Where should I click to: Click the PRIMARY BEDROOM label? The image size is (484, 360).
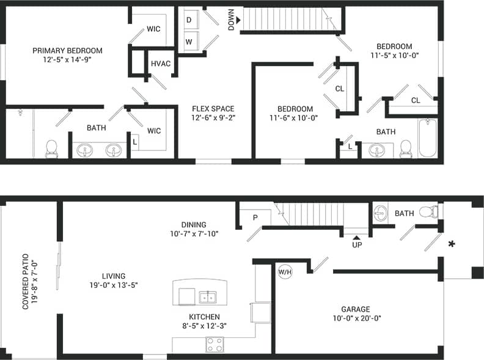coord(67,51)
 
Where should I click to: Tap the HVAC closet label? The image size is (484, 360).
coord(160,64)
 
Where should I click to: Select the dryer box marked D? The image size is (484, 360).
coord(189,20)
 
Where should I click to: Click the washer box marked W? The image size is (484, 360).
coord(189,42)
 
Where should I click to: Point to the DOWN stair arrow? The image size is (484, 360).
coord(238,20)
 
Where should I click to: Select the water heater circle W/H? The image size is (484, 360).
coord(285,272)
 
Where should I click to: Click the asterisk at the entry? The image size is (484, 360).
coord(452,245)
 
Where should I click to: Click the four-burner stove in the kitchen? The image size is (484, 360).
coord(215,345)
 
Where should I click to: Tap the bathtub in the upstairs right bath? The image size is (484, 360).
coord(427,138)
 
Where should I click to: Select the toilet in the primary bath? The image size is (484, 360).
coord(51,148)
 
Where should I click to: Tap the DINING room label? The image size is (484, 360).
coord(194,224)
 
